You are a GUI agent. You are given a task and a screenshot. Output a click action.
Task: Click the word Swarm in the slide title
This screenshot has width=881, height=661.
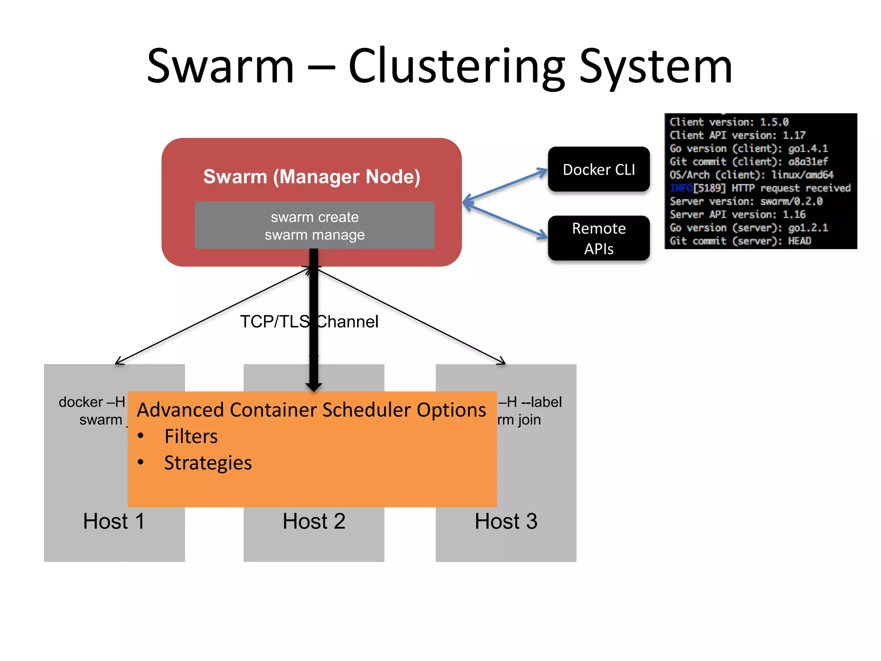[x=220, y=67]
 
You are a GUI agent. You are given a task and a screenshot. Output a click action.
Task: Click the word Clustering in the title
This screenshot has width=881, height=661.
[x=456, y=67]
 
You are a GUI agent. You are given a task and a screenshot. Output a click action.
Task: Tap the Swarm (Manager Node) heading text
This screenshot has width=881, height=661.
[x=311, y=176]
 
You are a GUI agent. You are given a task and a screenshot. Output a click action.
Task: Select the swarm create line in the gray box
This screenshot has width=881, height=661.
[x=314, y=217]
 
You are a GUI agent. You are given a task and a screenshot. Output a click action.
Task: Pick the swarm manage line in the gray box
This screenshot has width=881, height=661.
[x=314, y=235]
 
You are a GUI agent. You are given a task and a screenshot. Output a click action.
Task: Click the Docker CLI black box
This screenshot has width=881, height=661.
[x=598, y=169]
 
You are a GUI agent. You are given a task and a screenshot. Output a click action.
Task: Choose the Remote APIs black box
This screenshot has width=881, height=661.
[x=598, y=238]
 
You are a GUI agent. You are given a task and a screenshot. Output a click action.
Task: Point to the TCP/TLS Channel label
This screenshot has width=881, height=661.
[x=309, y=321]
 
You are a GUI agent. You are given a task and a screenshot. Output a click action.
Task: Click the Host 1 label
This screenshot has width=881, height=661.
[x=114, y=521]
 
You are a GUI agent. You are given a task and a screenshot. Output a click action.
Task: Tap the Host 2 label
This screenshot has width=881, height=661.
[x=314, y=521]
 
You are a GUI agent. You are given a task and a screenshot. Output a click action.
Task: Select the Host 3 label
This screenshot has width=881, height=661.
[x=505, y=521]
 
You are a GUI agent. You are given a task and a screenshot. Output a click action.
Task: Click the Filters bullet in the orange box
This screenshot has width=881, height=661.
[x=191, y=436]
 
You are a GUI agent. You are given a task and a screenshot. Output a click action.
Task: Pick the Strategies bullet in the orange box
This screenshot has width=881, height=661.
[x=208, y=463]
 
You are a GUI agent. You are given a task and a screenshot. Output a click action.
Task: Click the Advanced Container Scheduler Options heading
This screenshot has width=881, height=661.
[x=311, y=410]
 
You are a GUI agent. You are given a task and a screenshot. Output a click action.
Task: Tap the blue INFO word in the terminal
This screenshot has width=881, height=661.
[x=681, y=188]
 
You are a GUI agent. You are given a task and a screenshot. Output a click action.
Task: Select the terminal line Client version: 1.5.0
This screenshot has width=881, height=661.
[x=729, y=122]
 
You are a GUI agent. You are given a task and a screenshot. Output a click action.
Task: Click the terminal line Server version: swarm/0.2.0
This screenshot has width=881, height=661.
[x=745, y=201]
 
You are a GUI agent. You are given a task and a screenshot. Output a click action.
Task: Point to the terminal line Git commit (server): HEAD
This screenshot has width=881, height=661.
[x=740, y=241]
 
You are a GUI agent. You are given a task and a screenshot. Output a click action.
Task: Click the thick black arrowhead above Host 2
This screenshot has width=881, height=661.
[x=314, y=386]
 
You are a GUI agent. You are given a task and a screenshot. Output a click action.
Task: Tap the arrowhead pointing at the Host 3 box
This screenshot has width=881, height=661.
[x=502, y=361]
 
